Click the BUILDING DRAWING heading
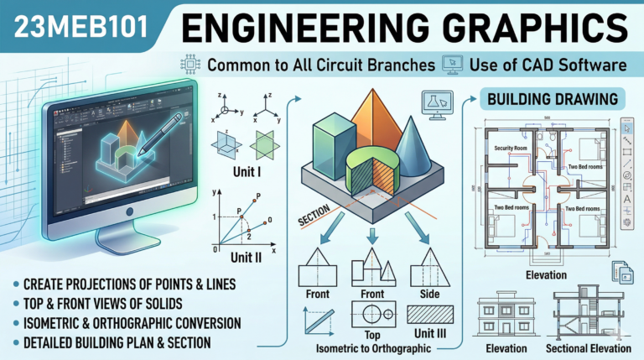coord(553,99)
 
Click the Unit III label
coord(429,335)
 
